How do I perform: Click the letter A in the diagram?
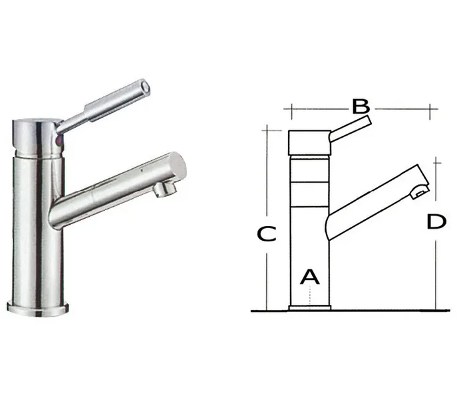click(x=310, y=277)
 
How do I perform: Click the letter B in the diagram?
click(x=361, y=106)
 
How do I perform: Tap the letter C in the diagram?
click(x=267, y=233)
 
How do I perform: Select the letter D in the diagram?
click(x=436, y=221)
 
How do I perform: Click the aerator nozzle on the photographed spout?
click(x=165, y=189)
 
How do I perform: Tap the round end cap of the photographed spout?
click(x=178, y=166)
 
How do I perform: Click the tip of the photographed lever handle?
click(x=145, y=86)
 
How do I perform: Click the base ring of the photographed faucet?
click(x=38, y=309)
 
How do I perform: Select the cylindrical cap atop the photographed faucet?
click(x=36, y=137)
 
